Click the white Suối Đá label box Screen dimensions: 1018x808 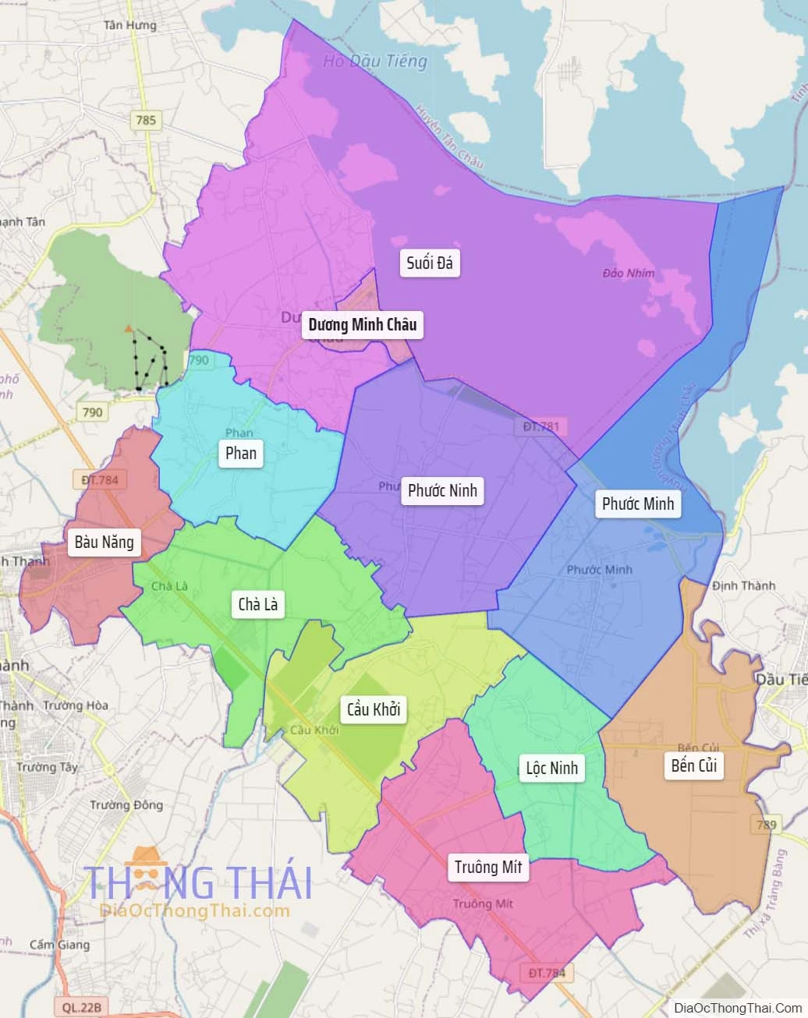click(x=430, y=263)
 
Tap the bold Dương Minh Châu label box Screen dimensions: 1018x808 click(x=362, y=324)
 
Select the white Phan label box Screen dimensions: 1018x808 click(x=240, y=453)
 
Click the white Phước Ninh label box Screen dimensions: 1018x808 click(x=442, y=490)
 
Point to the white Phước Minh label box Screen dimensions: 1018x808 click(x=637, y=504)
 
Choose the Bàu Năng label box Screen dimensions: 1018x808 click(x=105, y=542)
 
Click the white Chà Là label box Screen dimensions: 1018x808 click(x=257, y=604)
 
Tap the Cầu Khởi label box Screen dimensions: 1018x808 click(x=374, y=709)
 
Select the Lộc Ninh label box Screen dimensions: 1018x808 click(x=551, y=768)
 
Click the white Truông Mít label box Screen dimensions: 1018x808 click(x=488, y=867)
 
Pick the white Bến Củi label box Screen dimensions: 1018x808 click(x=693, y=765)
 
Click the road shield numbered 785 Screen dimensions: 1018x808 click(x=146, y=120)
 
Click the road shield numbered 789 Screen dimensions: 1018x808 click(x=766, y=824)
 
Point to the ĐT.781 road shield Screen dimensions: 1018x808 click(x=541, y=426)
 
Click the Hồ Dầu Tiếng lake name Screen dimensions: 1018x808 click(x=375, y=62)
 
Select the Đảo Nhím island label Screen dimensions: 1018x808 click(x=629, y=273)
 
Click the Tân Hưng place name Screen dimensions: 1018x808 click(x=130, y=25)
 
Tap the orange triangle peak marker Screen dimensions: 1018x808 click(x=129, y=329)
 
